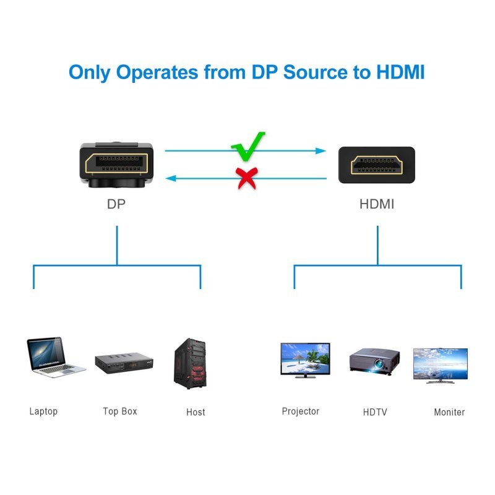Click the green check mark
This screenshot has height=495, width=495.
click(247, 145)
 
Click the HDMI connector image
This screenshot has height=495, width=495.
click(376, 165)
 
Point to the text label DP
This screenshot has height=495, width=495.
click(116, 204)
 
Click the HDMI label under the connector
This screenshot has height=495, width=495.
click(377, 204)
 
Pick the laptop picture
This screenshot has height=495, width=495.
click(54, 357)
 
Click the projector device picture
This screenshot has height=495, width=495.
click(373, 361)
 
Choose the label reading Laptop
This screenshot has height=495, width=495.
click(43, 411)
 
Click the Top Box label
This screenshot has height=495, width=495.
click(120, 411)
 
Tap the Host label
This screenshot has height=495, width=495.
click(196, 412)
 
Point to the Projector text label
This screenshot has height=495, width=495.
click(301, 411)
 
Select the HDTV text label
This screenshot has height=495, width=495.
click(375, 412)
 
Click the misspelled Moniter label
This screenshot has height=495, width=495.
click(449, 412)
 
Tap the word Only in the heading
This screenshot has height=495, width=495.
click(90, 72)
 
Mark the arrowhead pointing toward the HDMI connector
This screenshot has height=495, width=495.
click(321, 150)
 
